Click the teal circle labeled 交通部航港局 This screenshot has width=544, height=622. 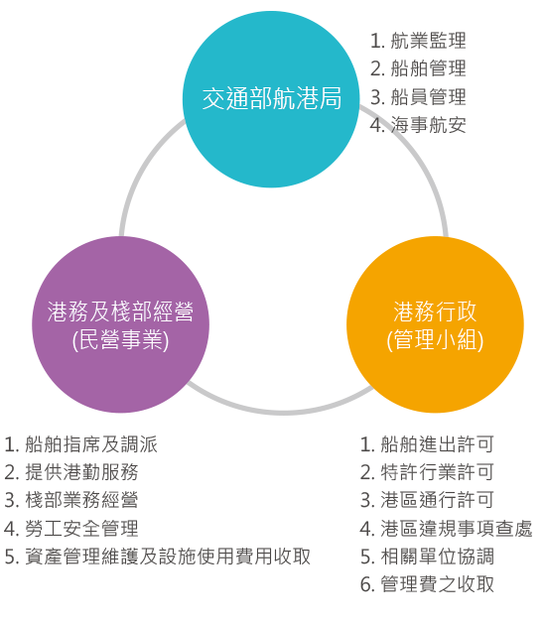tap(271, 99)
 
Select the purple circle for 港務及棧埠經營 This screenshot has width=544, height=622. tap(121, 324)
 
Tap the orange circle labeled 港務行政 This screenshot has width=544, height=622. tap(435, 324)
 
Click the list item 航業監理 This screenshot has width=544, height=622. tap(418, 41)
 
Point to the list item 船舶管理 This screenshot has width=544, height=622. tap(418, 68)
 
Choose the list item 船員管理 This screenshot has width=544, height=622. tap(418, 97)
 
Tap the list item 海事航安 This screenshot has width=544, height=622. tap(418, 125)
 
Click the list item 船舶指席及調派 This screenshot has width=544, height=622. tap(81, 443)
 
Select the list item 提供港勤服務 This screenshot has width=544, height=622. tap(71, 472)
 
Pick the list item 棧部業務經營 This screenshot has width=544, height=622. tap(71, 500)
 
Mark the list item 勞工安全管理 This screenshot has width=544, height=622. tap(71, 529)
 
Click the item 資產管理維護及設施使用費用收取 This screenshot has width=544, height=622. tap(157, 557)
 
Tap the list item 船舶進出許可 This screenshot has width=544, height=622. tap(427, 443)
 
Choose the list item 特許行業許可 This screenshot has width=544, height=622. tap(427, 472)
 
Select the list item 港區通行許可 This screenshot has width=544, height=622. tap(427, 500)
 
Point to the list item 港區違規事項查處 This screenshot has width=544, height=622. tap(447, 529)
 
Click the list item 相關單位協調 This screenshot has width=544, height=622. tap(427, 557)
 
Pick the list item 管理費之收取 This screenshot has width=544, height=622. tap(427, 584)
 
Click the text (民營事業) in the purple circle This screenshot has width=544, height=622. tap(121, 340)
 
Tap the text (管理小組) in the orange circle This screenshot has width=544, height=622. tap(435, 340)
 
